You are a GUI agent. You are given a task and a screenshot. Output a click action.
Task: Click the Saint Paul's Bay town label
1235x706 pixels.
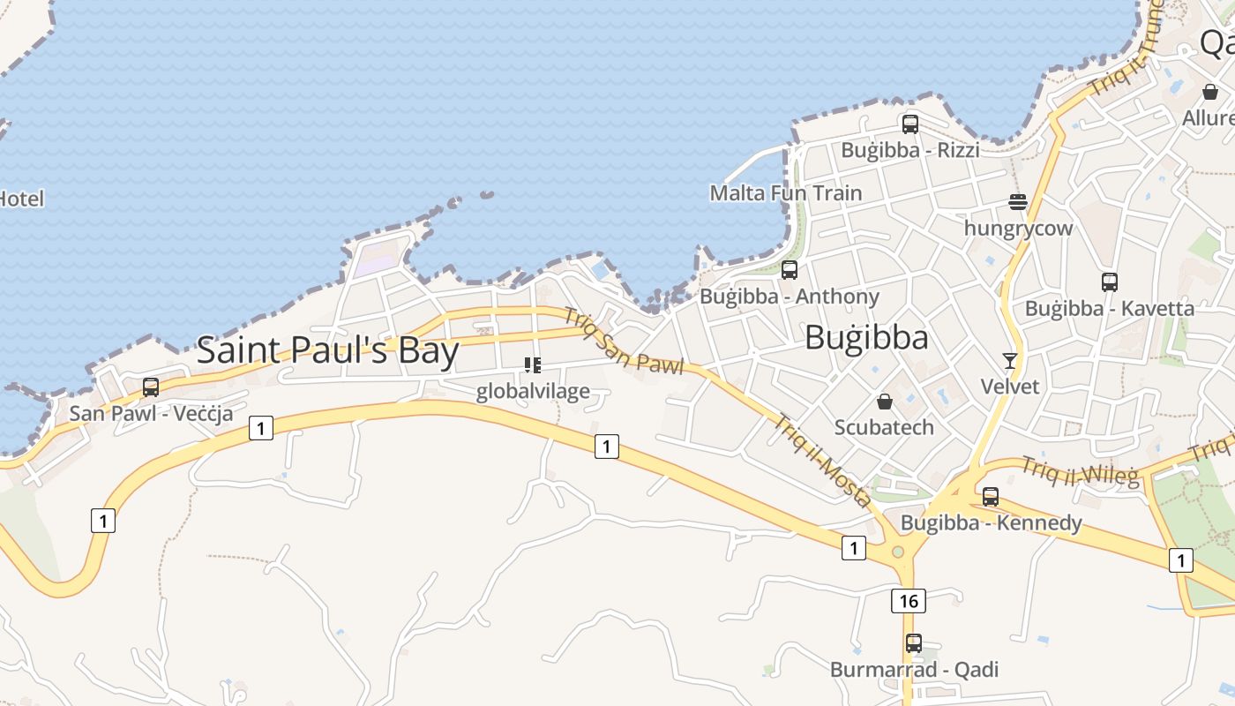[327, 350]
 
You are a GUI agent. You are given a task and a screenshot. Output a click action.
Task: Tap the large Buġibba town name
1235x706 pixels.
[866, 338]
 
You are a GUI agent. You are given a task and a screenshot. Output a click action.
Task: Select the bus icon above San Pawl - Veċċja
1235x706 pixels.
[151, 387]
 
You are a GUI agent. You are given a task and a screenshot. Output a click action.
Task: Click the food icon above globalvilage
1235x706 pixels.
[532, 364]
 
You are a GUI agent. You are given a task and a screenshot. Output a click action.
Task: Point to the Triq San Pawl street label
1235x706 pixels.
[623, 342]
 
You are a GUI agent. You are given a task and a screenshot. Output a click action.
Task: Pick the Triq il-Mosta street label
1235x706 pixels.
[823, 461]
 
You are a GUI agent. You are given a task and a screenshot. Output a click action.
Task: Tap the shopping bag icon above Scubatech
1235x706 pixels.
[884, 402]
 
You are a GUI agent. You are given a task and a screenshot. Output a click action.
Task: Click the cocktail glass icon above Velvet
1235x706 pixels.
[1010, 360]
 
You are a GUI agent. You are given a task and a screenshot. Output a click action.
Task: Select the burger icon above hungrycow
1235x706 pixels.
[1018, 202]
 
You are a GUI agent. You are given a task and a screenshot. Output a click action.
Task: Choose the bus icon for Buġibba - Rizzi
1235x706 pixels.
[910, 124]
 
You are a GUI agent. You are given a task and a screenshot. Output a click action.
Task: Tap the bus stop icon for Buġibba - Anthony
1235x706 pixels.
[790, 270]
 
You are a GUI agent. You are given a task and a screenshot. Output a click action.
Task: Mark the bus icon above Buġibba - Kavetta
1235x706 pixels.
[1110, 282]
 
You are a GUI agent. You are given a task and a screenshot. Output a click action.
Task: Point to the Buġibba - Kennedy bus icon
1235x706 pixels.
[991, 497]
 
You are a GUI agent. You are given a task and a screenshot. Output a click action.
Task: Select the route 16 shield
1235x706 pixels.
[909, 601]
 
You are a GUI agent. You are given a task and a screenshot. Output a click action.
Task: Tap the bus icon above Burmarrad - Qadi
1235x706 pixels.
[914, 643]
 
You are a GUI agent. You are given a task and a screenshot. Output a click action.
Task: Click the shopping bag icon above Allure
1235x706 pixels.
[1210, 92]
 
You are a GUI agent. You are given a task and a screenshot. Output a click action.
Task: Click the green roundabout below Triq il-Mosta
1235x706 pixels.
[898, 552]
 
